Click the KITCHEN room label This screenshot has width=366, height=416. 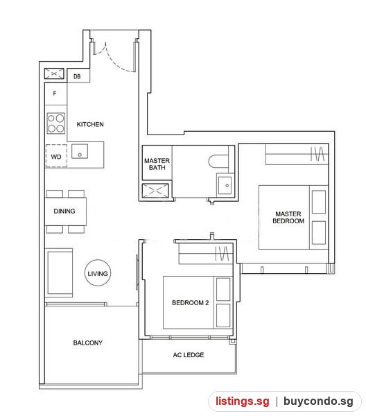click(x=90, y=124)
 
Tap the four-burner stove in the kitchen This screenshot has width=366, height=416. click(x=55, y=123)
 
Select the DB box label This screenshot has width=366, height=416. click(x=77, y=76)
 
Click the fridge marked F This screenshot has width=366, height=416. click(x=55, y=94)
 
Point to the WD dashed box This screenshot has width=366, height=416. click(x=56, y=156)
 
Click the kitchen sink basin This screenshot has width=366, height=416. click(x=80, y=151)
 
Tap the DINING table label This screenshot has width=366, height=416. click(x=64, y=211)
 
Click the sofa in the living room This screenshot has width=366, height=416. click(x=59, y=272)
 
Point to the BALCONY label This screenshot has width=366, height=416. click(x=88, y=343)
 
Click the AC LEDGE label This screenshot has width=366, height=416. click(x=189, y=355)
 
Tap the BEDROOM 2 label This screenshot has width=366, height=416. click(x=191, y=303)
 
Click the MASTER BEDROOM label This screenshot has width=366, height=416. click(x=288, y=217)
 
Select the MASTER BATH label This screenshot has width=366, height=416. click(x=157, y=164)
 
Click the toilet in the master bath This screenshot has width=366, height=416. click(x=218, y=162)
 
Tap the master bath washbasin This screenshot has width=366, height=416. click(x=225, y=185)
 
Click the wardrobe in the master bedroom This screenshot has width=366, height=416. click(x=297, y=155)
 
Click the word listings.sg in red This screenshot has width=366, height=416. click(x=242, y=401)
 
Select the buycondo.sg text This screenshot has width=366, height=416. click(x=318, y=401)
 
